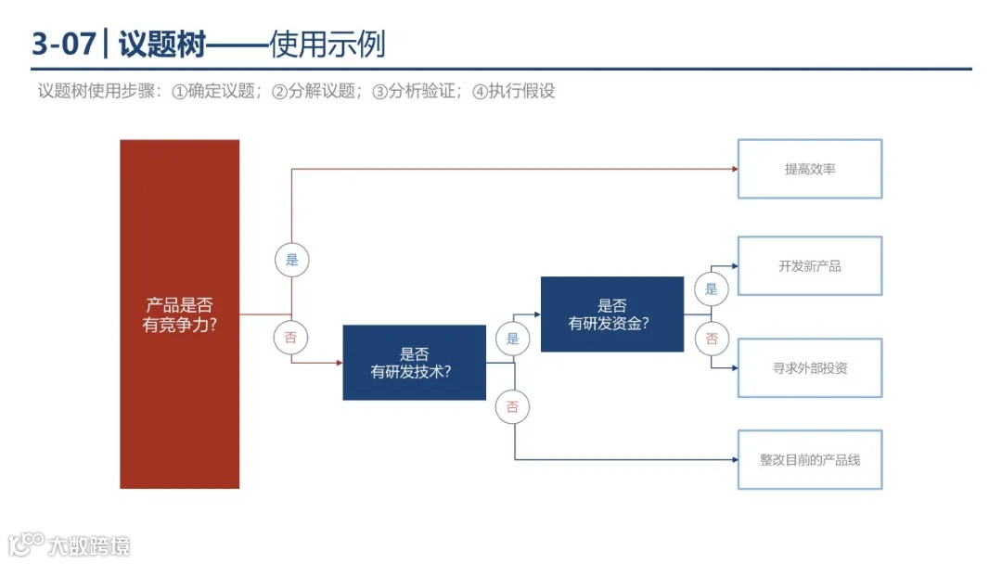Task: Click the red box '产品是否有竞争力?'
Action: [x=179, y=314]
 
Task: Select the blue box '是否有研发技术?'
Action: [x=414, y=363]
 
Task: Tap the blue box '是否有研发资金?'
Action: [x=611, y=314]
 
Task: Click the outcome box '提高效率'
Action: [x=809, y=169]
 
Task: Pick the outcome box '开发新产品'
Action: [x=809, y=266]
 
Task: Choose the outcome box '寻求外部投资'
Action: [x=809, y=368]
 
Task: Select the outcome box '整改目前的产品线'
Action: [x=809, y=459]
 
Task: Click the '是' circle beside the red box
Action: [x=291, y=260]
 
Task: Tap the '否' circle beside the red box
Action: [x=290, y=338]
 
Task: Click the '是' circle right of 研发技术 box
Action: [x=512, y=339]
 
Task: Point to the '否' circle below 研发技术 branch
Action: [x=512, y=406]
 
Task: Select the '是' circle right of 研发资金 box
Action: [x=711, y=288]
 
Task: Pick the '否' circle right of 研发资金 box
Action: [x=711, y=339]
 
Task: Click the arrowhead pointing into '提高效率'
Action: [x=734, y=169]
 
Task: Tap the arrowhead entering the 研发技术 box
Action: [x=339, y=363]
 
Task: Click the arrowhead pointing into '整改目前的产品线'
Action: [x=734, y=459]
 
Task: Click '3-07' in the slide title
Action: [x=63, y=44]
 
